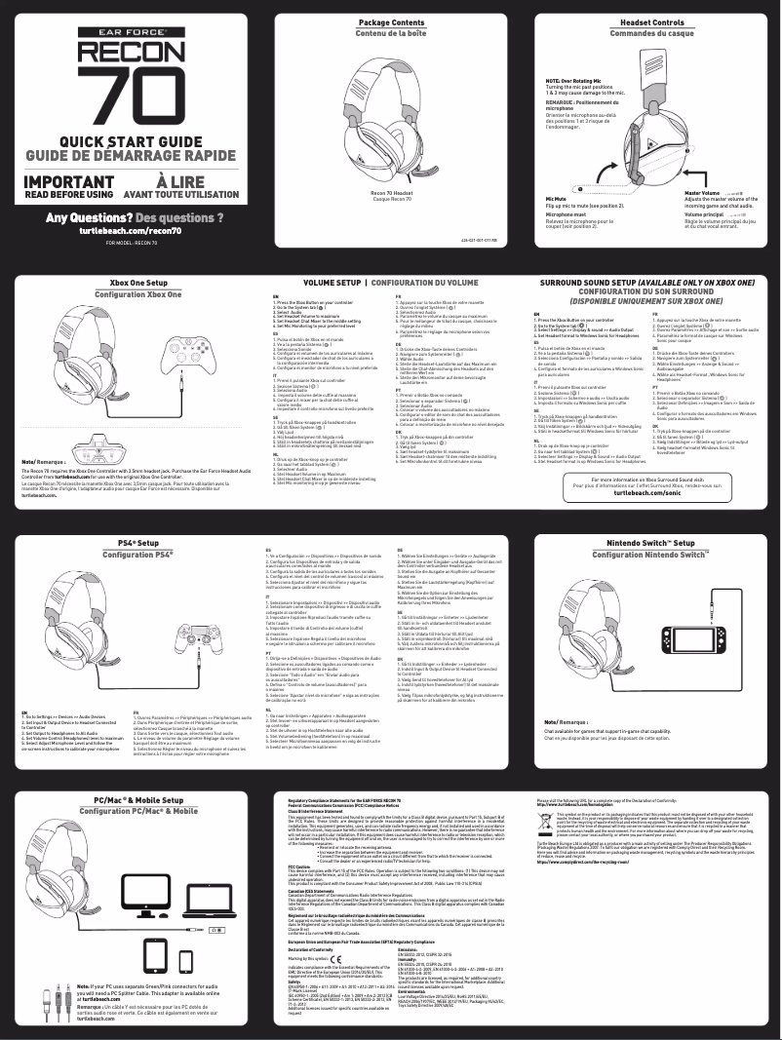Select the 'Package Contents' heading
391,20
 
